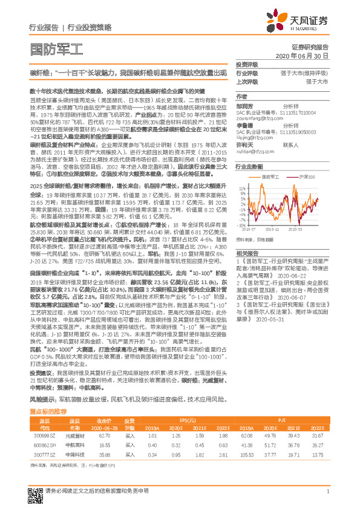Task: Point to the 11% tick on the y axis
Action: [242, 187]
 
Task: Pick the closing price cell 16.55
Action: [105, 444]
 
